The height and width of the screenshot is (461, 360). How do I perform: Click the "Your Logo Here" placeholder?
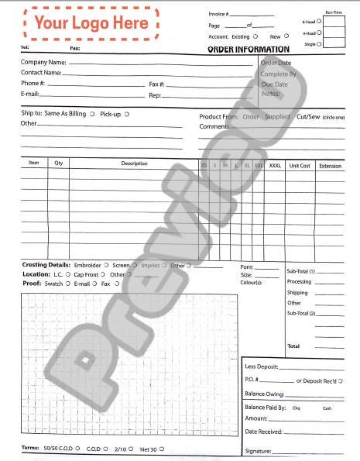coord(91,23)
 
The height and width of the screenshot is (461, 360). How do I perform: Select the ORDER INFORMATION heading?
coord(248,50)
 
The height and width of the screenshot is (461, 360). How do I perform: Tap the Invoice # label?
coord(218,14)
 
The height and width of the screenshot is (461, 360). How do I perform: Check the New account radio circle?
coord(286,36)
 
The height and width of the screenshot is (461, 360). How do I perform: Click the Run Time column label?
coord(334,12)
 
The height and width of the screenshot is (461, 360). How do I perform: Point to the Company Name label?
coord(43,62)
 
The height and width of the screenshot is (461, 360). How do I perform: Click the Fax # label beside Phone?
coord(157,84)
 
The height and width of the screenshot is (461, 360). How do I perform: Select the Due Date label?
coord(275,84)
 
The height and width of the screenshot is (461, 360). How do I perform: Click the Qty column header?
coord(59,163)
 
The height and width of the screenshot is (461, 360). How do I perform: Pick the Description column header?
coord(134,163)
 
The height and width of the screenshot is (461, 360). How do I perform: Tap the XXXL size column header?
coord(276,165)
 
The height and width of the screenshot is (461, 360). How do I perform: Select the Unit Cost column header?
coord(300,165)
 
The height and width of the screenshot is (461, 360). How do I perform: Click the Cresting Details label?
coord(46,265)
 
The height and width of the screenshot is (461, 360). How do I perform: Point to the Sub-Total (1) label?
coord(301,271)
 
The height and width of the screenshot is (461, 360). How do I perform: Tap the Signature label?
coord(258,450)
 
